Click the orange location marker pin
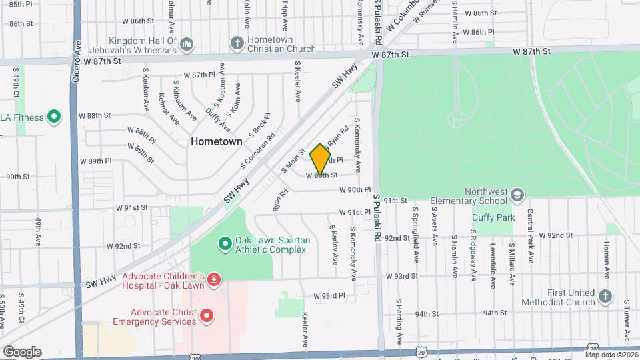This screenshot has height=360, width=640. (x=320, y=159)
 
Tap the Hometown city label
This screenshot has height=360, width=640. (x=216, y=141)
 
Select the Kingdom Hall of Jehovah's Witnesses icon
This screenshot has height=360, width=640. (x=187, y=44)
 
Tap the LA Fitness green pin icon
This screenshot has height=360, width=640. (x=55, y=118)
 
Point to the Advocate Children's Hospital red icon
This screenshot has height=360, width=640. (x=213, y=279)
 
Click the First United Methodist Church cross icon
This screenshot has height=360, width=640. (x=605, y=296)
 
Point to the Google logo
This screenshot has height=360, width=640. (x=22, y=351)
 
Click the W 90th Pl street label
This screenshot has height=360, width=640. (x=354, y=190)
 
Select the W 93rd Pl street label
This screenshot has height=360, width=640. (x=329, y=295)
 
